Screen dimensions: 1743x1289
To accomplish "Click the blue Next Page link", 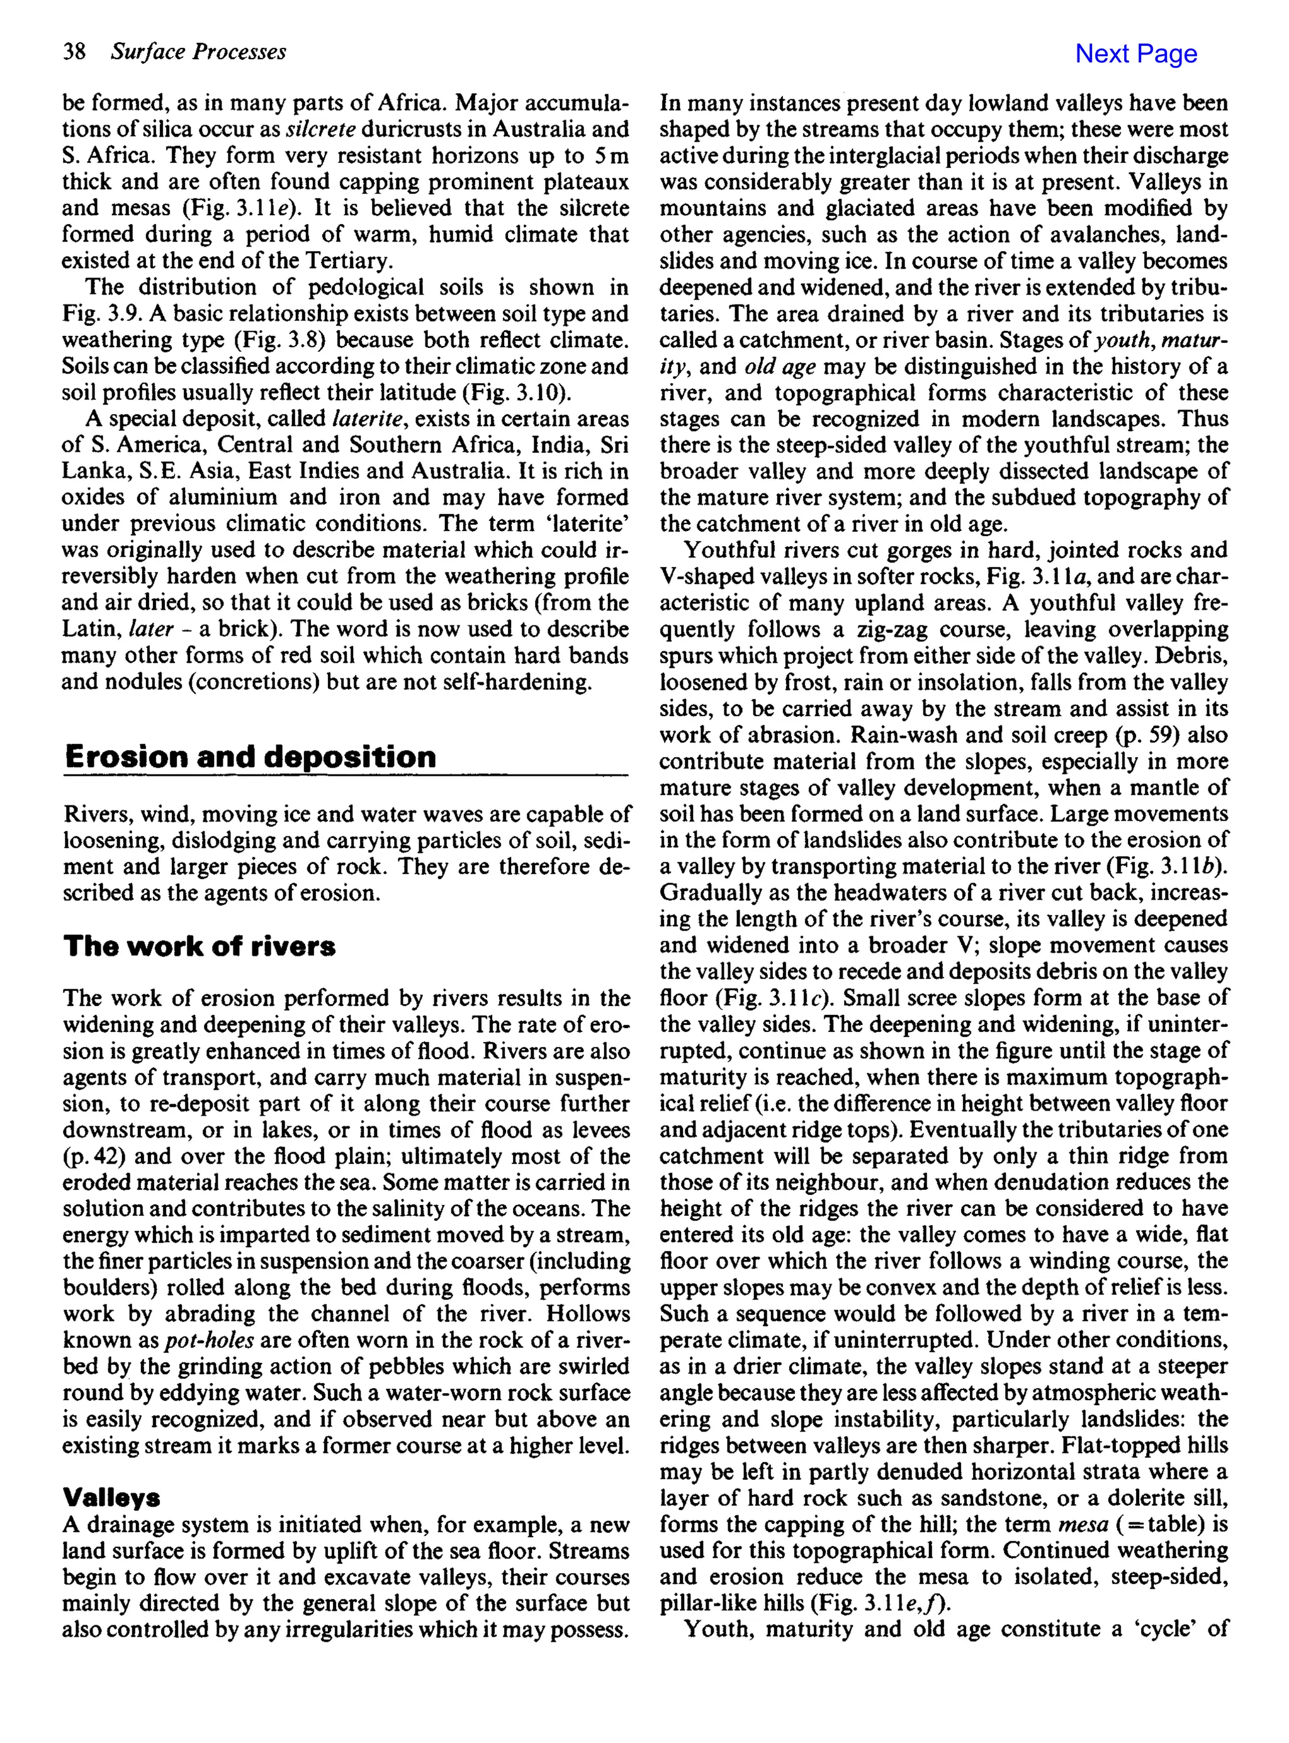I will coord(1135,54).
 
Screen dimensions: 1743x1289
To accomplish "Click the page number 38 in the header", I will coord(74,52).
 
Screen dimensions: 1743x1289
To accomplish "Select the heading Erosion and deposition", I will coord(250,756).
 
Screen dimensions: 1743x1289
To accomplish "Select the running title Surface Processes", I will coord(198,52).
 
